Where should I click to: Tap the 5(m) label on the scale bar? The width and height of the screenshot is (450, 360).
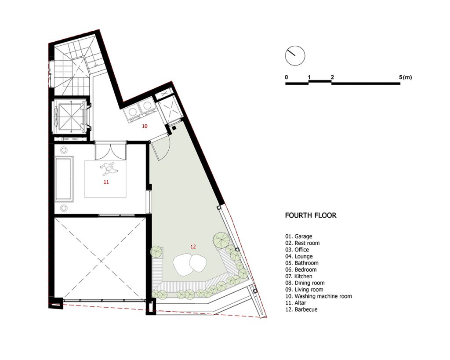coord(405,77)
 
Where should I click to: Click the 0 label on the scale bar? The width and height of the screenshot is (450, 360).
coord(287,77)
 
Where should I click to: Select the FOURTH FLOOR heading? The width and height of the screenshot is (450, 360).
coord(311,215)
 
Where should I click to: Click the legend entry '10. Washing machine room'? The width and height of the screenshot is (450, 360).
coord(318,296)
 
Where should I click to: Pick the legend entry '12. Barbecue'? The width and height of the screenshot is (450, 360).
coord(301,309)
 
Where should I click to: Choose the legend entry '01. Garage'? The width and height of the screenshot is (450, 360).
coord(298,236)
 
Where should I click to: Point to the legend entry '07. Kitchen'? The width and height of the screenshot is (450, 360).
coord(298,276)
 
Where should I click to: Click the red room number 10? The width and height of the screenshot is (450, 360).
coord(145,126)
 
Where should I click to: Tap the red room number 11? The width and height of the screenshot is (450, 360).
coord(106,182)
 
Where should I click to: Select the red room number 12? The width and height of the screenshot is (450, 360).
coord(193,246)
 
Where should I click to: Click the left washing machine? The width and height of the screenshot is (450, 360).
coord(133,111)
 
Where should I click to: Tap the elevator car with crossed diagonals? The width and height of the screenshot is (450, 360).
coord(70,117)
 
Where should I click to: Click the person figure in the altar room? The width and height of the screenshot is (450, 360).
coord(108,168)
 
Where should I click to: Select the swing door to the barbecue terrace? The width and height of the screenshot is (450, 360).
coord(160,148)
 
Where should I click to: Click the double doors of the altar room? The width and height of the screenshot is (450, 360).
coord(110,150)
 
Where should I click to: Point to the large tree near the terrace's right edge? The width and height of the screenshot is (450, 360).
coord(221,240)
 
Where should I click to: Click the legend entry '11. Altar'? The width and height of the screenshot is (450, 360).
coord(295,303)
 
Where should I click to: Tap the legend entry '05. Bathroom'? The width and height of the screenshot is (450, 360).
coord(301,263)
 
